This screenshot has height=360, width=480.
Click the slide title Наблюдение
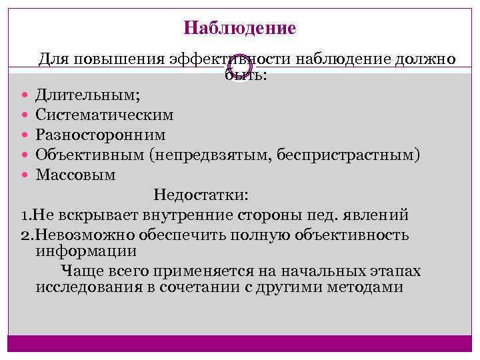pyautogui.click(x=240, y=29)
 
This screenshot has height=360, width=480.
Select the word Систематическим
pyautogui.click(x=105, y=115)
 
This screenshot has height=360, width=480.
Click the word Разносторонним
pyautogui.click(x=101, y=135)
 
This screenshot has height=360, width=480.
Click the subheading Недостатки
pyautogui.click(x=201, y=195)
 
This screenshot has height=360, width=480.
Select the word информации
pyautogui.click(x=86, y=252)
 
